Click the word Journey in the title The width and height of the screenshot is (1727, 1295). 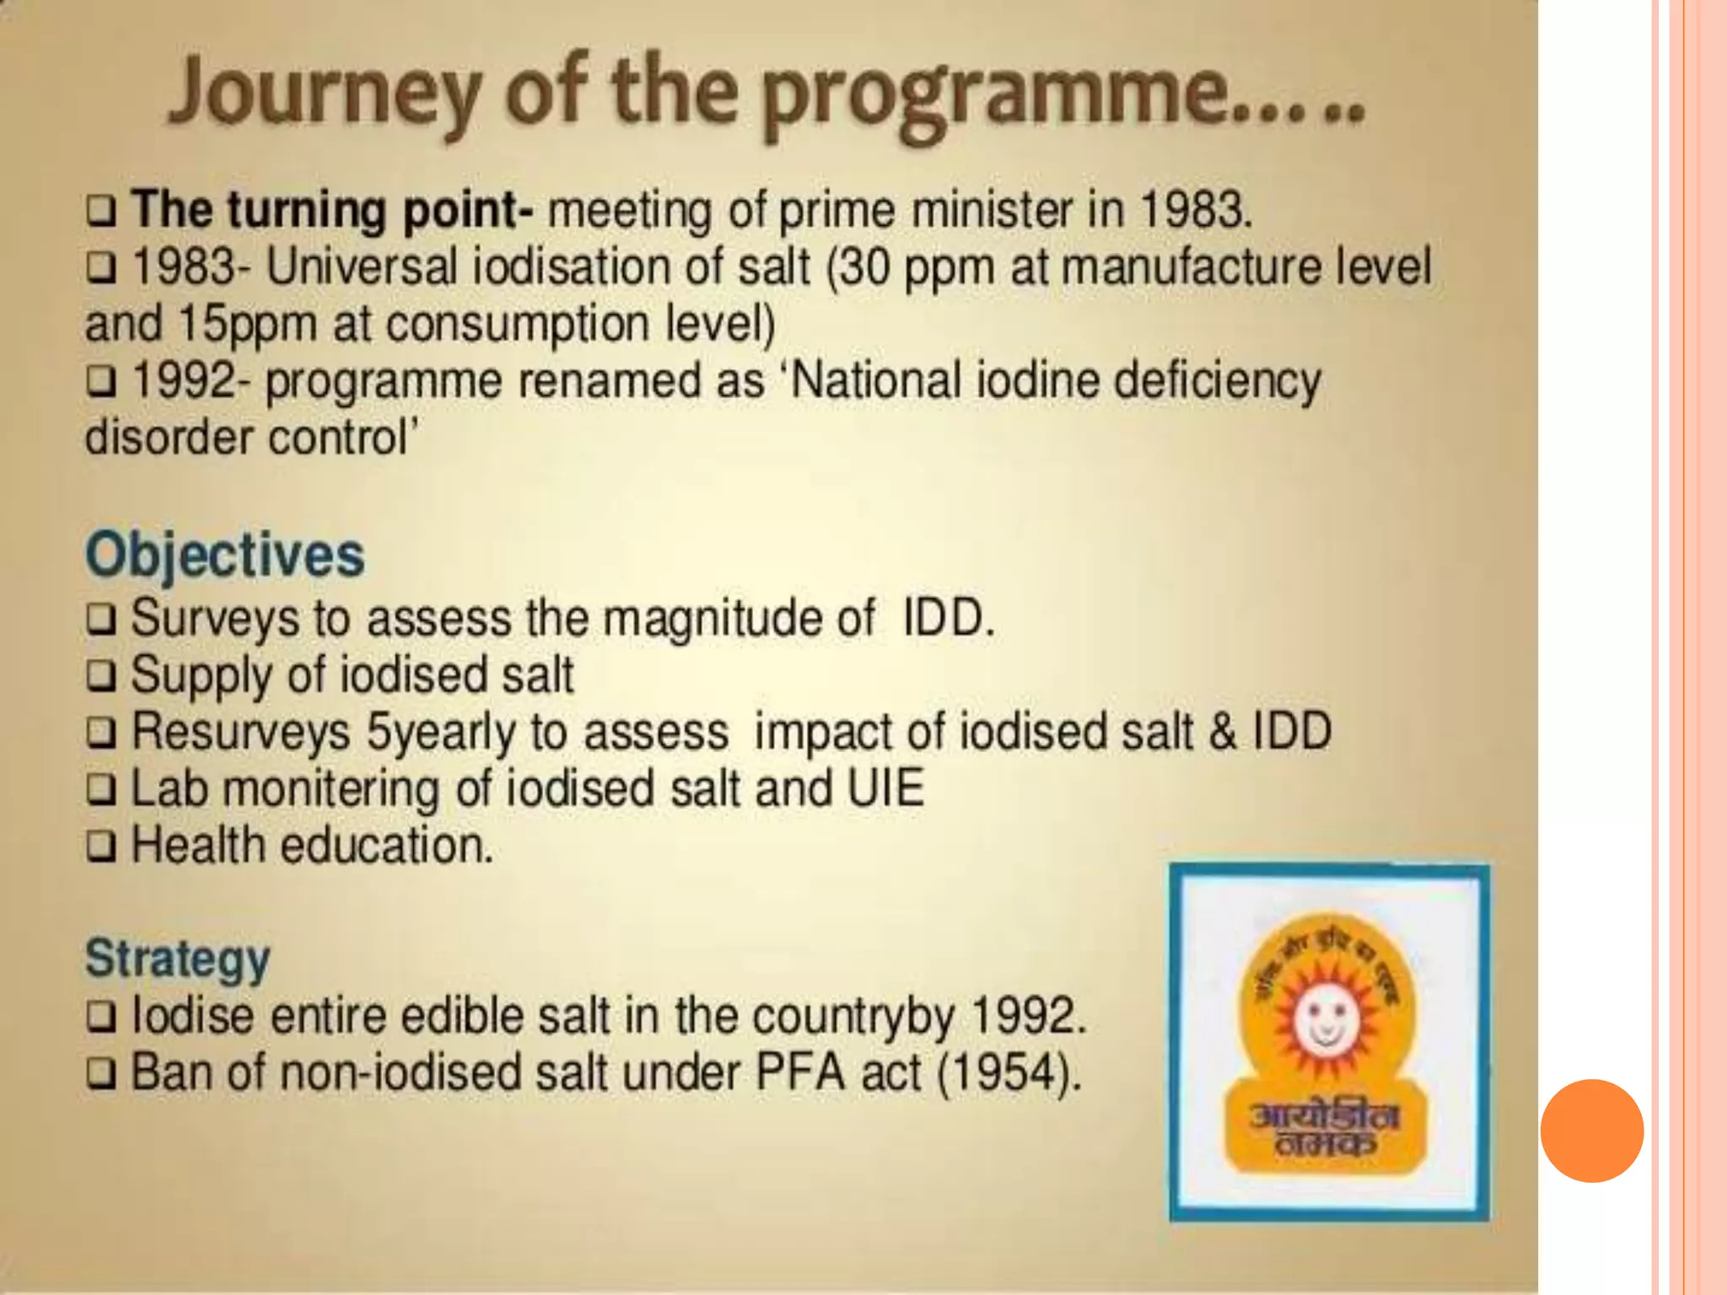(x=325, y=94)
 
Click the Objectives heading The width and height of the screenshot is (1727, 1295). (x=225, y=555)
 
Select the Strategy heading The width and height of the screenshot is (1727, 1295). (x=178, y=959)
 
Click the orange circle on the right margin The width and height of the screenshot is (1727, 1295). (x=1592, y=1131)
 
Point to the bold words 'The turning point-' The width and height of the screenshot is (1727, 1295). (x=332, y=209)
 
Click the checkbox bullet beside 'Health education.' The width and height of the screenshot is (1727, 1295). (x=101, y=846)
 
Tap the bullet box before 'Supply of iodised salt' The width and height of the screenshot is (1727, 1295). (x=101, y=676)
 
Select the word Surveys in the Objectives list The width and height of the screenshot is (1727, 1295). (x=215, y=619)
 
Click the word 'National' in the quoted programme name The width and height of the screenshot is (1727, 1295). (x=877, y=381)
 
